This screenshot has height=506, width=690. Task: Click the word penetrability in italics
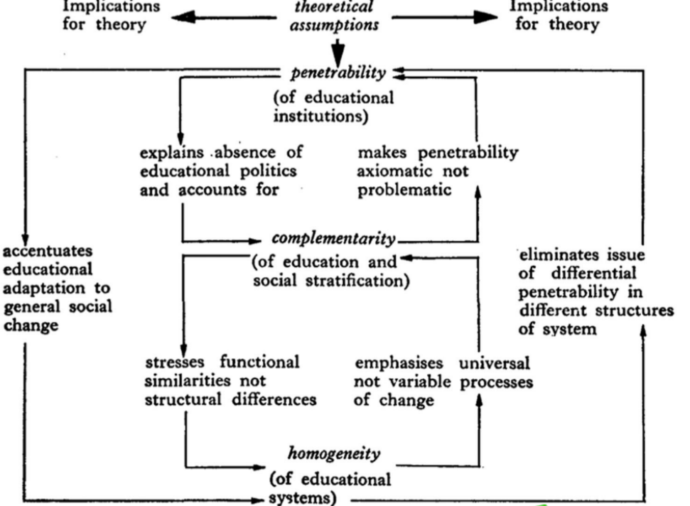pos(339,72)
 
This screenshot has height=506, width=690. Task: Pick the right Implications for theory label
pos(558,16)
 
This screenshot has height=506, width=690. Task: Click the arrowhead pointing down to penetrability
pos(339,55)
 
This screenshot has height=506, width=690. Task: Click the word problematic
pos(399,190)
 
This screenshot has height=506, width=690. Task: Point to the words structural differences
pos(230,399)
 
